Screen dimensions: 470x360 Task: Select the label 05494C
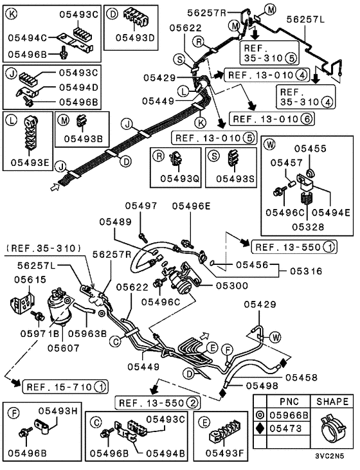(28, 38)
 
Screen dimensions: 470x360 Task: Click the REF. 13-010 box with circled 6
(273, 119)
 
